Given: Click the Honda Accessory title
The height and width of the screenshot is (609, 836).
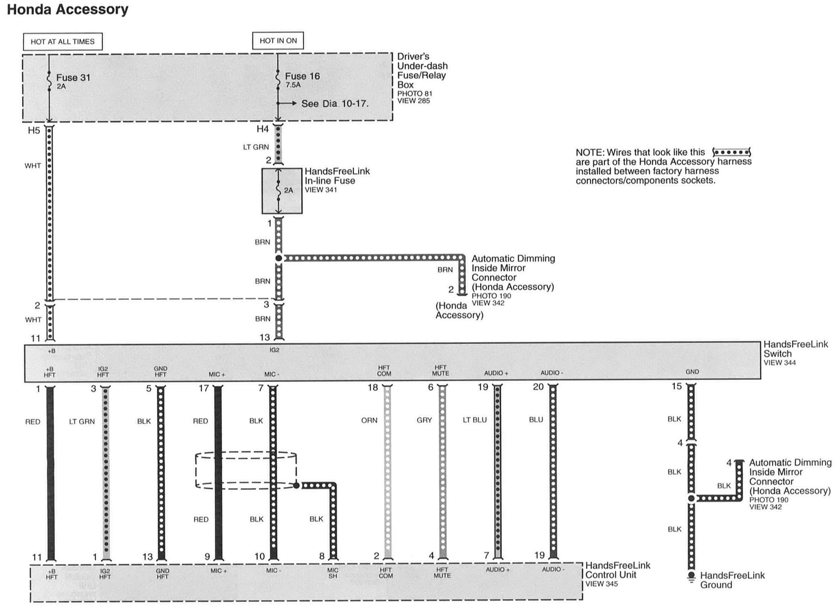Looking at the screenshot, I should [x=68, y=10].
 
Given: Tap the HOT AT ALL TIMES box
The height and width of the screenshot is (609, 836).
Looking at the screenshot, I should [x=63, y=41].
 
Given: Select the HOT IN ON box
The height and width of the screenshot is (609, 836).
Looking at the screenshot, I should [x=278, y=40].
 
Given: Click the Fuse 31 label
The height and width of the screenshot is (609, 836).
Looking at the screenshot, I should [x=73, y=78].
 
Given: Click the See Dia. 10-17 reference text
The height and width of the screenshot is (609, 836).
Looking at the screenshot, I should [x=335, y=104].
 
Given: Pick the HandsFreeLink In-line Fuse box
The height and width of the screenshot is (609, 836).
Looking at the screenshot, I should [x=282, y=191].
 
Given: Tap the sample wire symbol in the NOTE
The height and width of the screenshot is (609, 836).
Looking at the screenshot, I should [x=732, y=152].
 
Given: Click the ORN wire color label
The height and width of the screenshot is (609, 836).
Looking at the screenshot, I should [x=369, y=420].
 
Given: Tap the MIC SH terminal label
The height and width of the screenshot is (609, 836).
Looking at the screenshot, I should [x=333, y=573].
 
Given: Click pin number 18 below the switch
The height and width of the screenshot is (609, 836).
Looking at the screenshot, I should [x=373, y=387].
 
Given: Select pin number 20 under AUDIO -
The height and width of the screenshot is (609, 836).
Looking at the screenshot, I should [x=538, y=387].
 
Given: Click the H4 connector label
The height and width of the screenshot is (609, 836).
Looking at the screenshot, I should [x=263, y=129].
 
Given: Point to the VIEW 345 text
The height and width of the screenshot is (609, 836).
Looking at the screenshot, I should [x=601, y=584].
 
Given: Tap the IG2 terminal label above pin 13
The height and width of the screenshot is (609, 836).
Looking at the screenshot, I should [x=274, y=350].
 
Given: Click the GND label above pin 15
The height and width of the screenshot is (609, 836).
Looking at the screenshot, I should [x=692, y=372].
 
